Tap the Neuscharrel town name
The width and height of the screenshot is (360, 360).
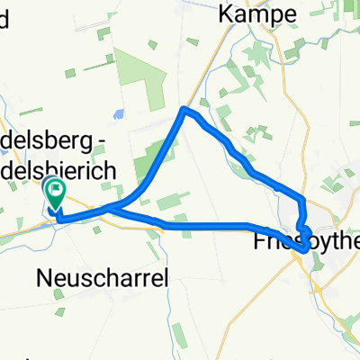pos(104,279)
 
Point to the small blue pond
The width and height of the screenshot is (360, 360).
pos(117,114)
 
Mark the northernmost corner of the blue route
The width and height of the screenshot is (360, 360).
pos(184,109)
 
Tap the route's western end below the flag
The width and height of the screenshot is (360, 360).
pos(58,218)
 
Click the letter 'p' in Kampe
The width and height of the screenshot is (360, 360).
pos(274,16)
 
